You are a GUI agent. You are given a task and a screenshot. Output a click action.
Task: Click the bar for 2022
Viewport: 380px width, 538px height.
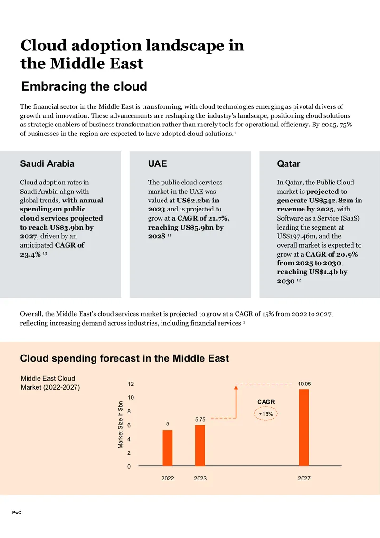pyautogui.click(x=167, y=448)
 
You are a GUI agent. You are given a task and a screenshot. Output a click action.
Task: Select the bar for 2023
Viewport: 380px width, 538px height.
pyautogui.click(x=200, y=445)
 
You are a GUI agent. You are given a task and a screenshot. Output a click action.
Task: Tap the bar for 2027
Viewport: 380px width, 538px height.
pyautogui.click(x=304, y=428)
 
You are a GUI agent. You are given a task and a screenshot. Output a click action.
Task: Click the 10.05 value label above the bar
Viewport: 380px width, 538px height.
pyautogui.click(x=304, y=384)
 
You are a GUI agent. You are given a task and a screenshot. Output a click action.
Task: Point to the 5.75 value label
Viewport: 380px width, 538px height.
pyautogui.click(x=200, y=419)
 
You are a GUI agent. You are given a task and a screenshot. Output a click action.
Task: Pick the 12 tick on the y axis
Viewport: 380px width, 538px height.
pyautogui.click(x=131, y=384)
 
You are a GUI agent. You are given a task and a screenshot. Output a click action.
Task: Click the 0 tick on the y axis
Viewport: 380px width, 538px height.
pyautogui.click(x=129, y=466)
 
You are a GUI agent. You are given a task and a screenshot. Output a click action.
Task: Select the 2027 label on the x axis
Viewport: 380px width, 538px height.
pyautogui.click(x=304, y=478)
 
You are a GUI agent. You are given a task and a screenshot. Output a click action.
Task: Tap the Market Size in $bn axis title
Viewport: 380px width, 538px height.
pyautogui.click(x=120, y=424)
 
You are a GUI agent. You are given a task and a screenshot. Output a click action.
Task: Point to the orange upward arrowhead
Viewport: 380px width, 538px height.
pyautogui.click(x=236, y=387)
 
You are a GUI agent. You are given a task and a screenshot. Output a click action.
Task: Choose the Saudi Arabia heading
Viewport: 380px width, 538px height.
pyautogui.click(x=47, y=163)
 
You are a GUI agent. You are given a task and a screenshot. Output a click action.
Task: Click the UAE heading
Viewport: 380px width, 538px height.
pyautogui.click(x=157, y=163)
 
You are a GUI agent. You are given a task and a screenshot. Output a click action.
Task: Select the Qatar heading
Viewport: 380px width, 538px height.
pyautogui.click(x=288, y=163)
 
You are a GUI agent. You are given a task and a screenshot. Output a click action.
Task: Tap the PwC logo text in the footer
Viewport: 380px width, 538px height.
pyautogui.click(x=17, y=513)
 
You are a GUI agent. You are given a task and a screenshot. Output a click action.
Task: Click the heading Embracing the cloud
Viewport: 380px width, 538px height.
pyautogui.click(x=84, y=86)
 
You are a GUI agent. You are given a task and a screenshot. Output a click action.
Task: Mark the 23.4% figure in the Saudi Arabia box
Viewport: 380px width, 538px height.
pyautogui.click(x=30, y=254)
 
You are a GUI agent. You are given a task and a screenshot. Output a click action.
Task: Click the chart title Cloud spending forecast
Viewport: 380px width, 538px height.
pyautogui.click(x=124, y=358)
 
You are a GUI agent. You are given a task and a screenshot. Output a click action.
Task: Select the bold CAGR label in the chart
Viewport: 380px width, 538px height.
pyautogui.click(x=266, y=402)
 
